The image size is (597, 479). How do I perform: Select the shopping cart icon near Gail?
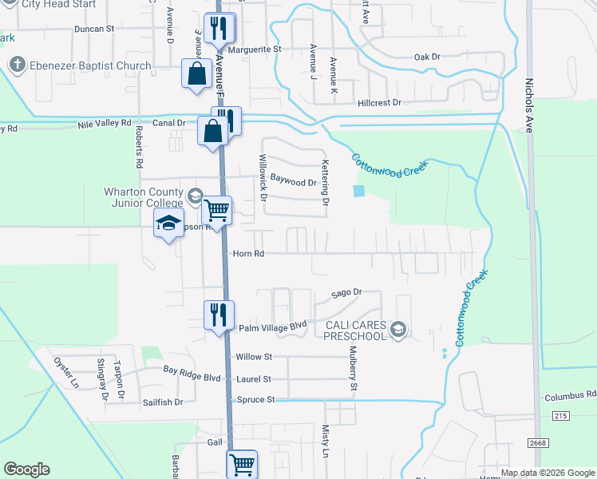[x=242, y=462]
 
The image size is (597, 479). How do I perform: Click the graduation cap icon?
[x=169, y=224]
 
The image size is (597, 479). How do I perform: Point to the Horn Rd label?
[x=248, y=254]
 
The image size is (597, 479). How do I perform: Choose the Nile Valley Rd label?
[x=104, y=124]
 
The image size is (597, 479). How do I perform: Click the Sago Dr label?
[x=347, y=293]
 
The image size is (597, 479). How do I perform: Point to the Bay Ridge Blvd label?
[x=192, y=370]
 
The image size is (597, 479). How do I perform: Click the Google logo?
[x=26, y=469]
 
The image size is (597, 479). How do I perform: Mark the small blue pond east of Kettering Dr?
[x=358, y=191]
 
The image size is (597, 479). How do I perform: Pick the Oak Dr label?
[x=427, y=57]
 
